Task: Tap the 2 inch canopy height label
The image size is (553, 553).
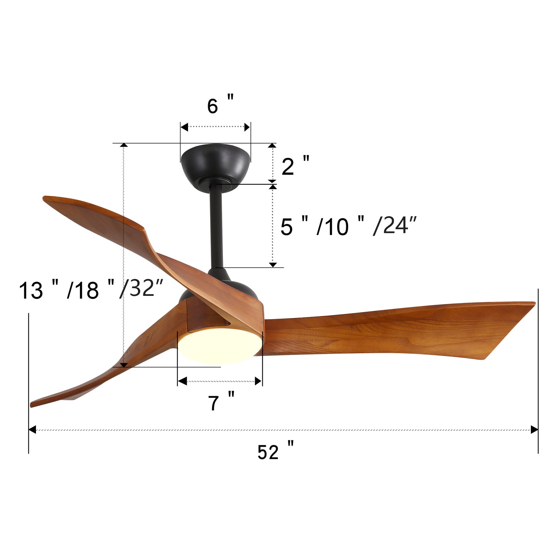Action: (x=294, y=166)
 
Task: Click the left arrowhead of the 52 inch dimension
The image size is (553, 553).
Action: (x=32, y=430)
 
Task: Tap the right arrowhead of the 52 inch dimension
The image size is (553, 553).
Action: (x=534, y=430)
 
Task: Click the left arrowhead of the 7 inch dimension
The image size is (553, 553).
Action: (x=182, y=381)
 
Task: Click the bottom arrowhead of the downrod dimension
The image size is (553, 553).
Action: (x=273, y=264)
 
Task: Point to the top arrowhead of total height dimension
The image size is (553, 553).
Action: (x=124, y=145)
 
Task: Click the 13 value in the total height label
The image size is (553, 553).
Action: (x=31, y=290)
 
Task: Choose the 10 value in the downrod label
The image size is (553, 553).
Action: (x=337, y=227)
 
